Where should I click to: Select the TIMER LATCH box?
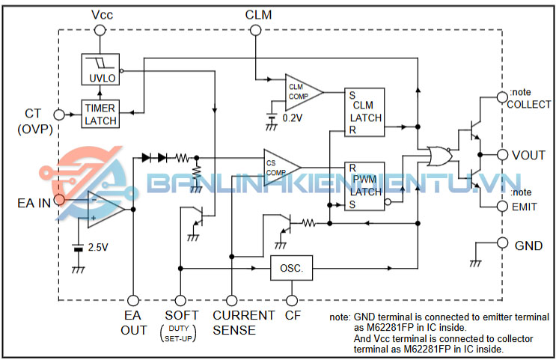click(x=100, y=113)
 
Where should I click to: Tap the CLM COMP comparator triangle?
click(x=301, y=91)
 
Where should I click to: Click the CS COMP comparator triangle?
click(x=280, y=166)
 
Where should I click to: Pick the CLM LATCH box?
click(x=364, y=112)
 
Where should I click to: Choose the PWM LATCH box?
click(x=364, y=186)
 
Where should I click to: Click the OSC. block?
click(x=291, y=268)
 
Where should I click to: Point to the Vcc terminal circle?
click(x=101, y=30)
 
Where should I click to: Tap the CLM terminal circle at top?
click(x=255, y=30)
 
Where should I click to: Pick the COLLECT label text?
click(x=528, y=105)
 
